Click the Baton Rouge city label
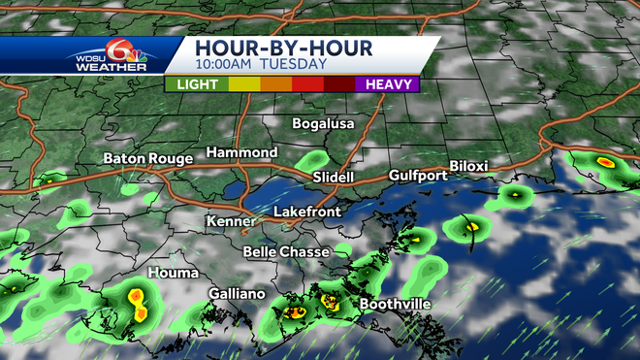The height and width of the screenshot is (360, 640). click(147, 158)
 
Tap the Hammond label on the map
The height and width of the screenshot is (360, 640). click(241, 153)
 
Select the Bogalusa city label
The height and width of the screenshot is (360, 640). click(324, 124)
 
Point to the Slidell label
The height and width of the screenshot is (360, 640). click(334, 178)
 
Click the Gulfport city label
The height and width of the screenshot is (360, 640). click(417, 176)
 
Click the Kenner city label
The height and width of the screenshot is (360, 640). click(231, 222)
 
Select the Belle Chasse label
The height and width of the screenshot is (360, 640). click(285, 251)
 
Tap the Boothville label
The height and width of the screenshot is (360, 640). click(395, 304)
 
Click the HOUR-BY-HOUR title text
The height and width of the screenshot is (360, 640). click(271, 47)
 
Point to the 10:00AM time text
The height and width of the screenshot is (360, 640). click(224, 66)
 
